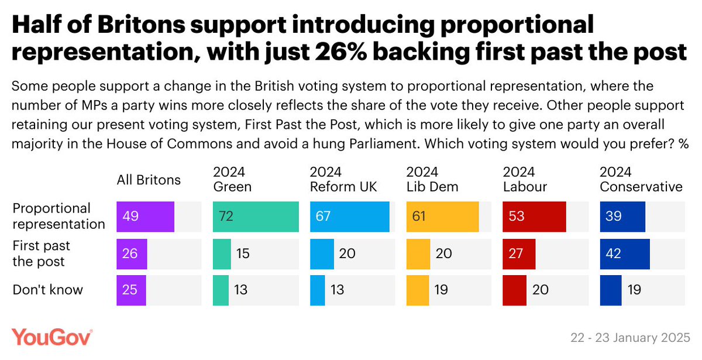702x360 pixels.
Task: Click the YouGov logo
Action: [52, 338]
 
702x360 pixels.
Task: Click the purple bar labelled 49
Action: [145, 217]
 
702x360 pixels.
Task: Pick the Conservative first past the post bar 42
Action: [624, 253]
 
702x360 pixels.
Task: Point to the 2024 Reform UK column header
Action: [344, 179]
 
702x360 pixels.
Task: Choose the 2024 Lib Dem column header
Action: [432, 179]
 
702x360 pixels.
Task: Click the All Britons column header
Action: [149, 180]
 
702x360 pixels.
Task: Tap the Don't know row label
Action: [48, 290]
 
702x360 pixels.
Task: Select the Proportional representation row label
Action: [58, 216]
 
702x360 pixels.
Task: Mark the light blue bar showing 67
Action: [349, 217]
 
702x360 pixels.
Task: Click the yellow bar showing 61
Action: [442, 217]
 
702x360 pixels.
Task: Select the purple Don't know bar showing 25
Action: [131, 290]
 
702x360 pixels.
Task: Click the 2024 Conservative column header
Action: [641, 179]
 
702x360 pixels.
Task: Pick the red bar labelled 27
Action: [519, 253]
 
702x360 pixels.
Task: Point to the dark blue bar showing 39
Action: [622, 217]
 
